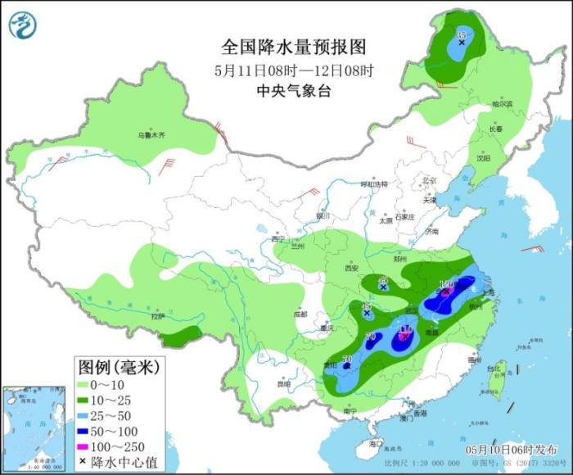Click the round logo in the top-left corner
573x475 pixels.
23,26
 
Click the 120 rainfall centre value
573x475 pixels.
447,287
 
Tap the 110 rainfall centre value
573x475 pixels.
404,331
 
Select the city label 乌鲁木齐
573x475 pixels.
151,134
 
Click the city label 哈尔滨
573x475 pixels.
502,105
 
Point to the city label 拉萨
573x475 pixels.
159,315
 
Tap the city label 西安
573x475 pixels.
352,268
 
